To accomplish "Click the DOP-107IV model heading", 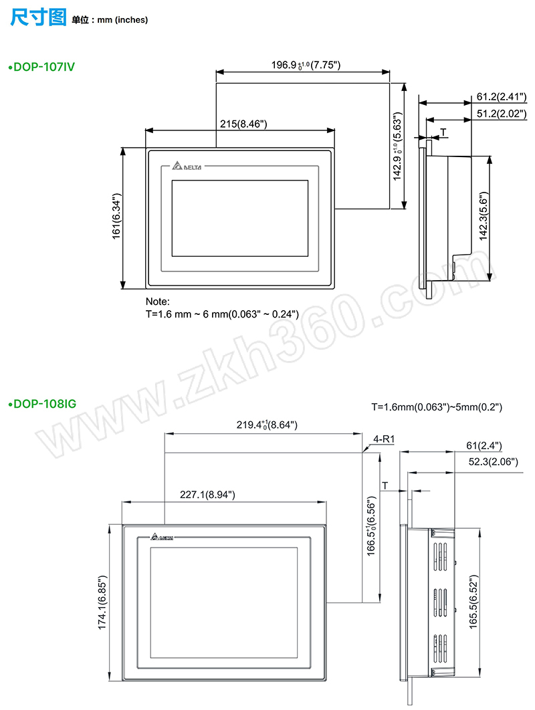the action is coord(41,67).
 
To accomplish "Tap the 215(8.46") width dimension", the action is coord(243,124).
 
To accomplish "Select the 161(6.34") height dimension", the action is coord(117,217).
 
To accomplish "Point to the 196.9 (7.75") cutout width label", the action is coord(306,65).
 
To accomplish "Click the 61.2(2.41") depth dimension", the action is coord(502,96).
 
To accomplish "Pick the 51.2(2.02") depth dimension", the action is coord(502,113).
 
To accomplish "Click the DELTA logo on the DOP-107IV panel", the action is coord(187,166).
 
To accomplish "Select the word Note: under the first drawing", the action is coord(158,302).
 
